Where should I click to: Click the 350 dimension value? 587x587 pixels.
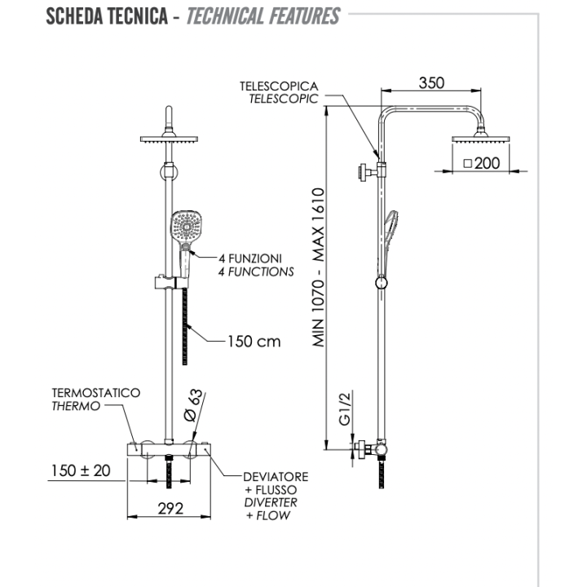coord(432,82)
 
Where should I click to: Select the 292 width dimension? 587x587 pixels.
coord(170,508)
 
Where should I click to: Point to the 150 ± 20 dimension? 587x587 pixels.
coord(79,470)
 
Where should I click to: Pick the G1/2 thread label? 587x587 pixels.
coord(344,408)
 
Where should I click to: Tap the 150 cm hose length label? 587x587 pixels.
coord(254,341)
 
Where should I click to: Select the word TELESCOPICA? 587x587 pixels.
coord(279,86)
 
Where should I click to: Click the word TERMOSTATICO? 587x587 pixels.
coord(95,393)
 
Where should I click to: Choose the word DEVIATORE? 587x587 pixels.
coord(276,476)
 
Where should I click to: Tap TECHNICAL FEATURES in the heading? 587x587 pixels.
coord(263,15)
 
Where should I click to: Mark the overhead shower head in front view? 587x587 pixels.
coord(170,139)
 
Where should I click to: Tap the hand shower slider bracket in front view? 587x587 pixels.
coord(169,283)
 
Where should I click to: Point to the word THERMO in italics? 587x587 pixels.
coord(76,406)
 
